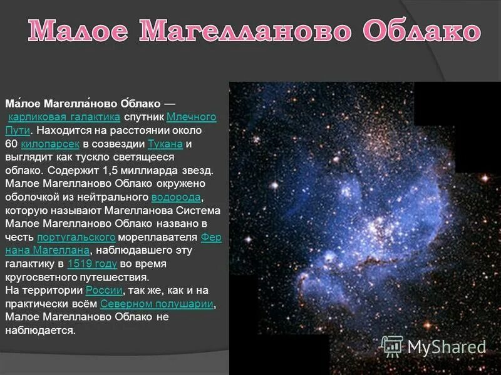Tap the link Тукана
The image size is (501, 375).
(165, 144)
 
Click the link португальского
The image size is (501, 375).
(76, 237)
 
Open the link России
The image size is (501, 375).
(105, 290)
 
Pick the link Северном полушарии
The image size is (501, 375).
(157, 304)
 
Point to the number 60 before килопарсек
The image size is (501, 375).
(11, 144)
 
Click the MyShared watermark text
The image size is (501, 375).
(447, 346)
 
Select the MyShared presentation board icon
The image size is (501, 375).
(393, 346)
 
